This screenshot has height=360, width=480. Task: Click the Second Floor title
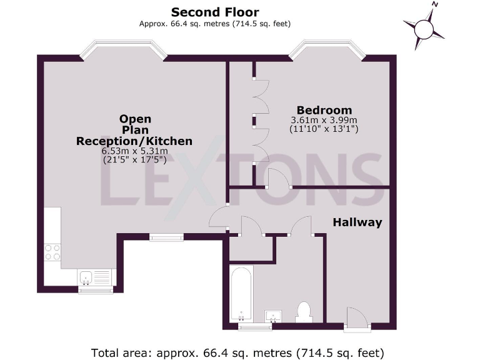pos(215,12)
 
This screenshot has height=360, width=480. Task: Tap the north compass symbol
pos(424,28)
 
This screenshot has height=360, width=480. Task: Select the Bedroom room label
pos(324,110)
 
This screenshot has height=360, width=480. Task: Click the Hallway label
pos(357,222)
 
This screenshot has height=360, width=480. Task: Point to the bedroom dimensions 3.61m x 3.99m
pos(324,121)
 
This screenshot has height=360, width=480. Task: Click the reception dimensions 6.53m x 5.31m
pos(134,151)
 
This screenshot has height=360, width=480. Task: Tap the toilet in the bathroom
pos(304,311)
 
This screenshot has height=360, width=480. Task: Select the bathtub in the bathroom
pos(241,296)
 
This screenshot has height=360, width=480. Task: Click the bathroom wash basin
pos(273,316)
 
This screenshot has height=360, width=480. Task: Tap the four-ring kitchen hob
pos(52,252)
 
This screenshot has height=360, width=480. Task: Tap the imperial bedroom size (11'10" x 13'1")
pos(324,130)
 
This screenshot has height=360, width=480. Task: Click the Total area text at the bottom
pos(237,351)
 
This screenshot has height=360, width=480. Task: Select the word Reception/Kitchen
pos(134,141)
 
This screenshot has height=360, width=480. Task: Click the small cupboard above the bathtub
pos(252,249)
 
